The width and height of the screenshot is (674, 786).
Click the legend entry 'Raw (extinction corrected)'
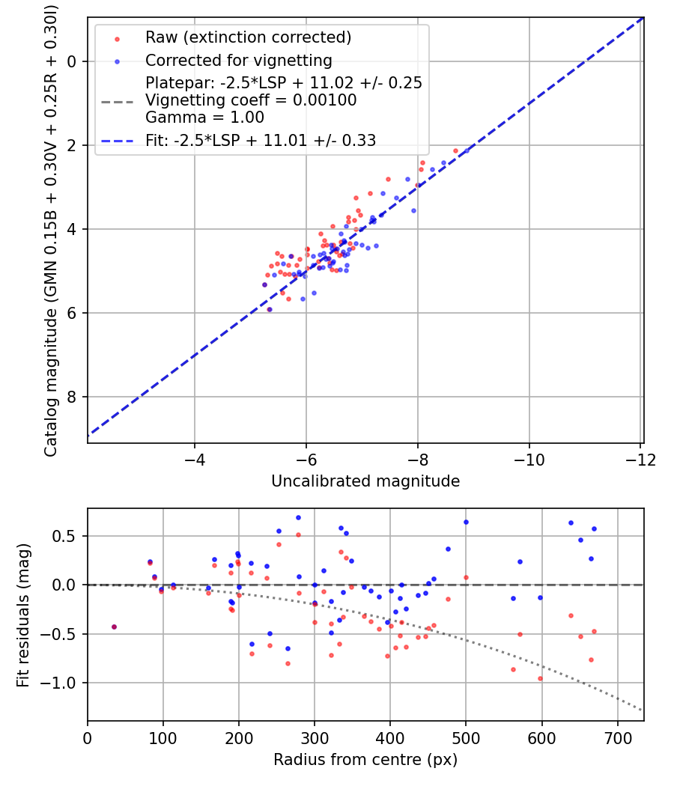(248, 37)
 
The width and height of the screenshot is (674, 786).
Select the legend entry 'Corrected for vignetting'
(238, 60)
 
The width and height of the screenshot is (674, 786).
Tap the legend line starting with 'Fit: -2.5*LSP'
(261, 140)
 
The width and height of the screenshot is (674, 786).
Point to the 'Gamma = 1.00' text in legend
(204, 118)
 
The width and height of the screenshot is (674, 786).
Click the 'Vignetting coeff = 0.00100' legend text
(251, 100)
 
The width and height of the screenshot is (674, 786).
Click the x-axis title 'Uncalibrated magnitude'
(365, 481)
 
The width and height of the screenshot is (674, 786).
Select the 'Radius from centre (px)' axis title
(365, 760)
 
